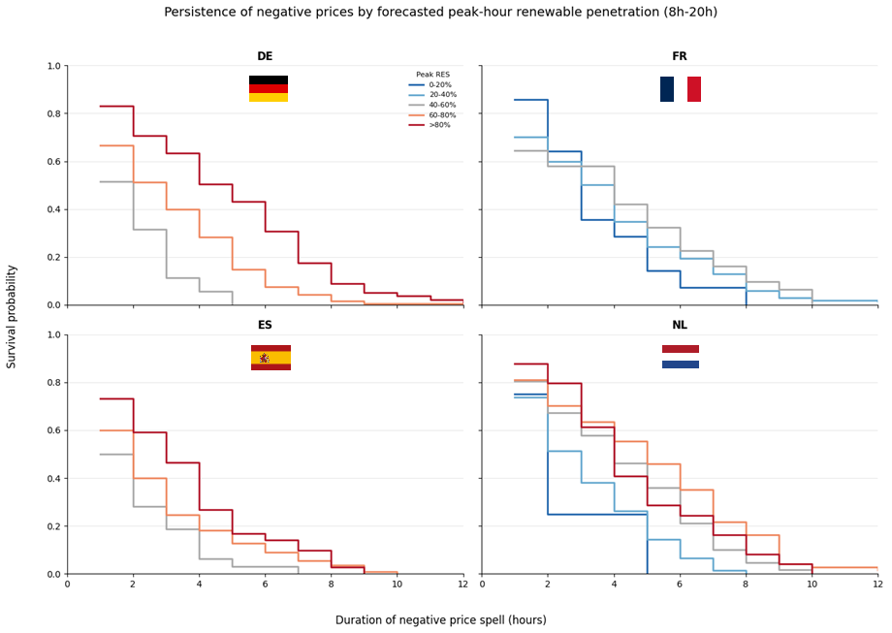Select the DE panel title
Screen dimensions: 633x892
(265, 56)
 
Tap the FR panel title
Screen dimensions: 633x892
(680, 56)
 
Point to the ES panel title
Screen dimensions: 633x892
(265, 326)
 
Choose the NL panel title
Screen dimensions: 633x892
(680, 326)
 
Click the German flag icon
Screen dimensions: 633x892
(269, 89)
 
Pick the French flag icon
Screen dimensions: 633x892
(681, 89)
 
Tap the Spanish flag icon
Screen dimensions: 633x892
(271, 358)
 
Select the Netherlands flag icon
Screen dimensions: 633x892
(681, 357)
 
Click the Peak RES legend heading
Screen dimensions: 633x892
(432, 75)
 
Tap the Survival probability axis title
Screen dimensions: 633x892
(13, 317)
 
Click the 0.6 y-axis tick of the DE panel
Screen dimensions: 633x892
(53, 162)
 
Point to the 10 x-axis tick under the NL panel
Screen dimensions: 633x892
(812, 585)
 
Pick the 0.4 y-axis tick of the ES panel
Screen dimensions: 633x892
(53, 479)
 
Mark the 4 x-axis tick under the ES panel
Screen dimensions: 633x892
(199, 585)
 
